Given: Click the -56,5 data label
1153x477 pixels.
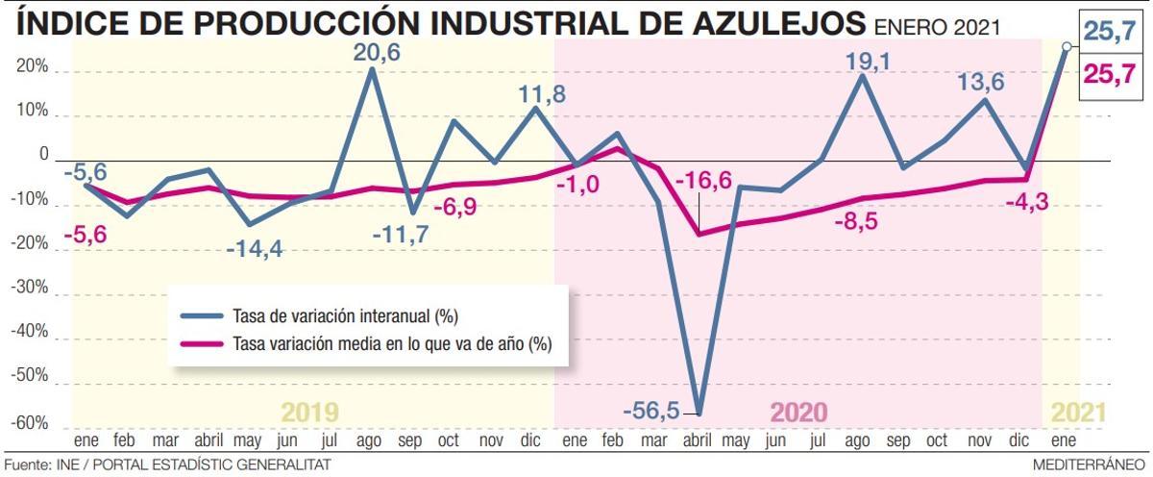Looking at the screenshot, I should click(x=650, y=411).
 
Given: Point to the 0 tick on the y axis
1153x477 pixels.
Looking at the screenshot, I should click(x=43, y=155).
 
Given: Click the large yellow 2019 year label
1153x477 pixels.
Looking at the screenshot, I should click(x=309, y=413).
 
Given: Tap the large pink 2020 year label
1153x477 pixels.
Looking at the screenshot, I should click(x=798, y=413).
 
